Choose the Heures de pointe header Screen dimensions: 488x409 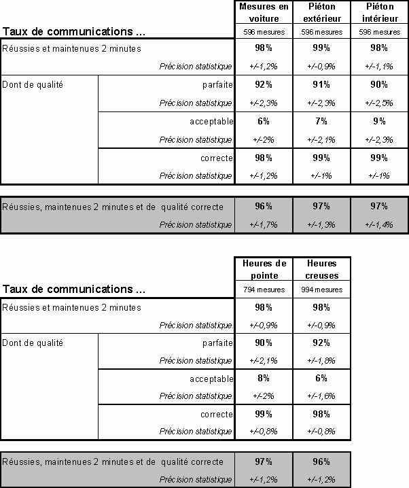pyautogui.click(x=264, y=269)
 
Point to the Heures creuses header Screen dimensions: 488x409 pyautogui.click(x=321, y=269)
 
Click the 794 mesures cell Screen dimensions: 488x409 pyautogui.click(x=264, y=290)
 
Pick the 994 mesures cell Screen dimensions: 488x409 pyautogui.click(x=321, y=290)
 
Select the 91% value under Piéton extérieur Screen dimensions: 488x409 pyautogui.click(x=321, y=84)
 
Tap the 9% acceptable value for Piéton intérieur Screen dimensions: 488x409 pyautogui.click(x=379, y=121)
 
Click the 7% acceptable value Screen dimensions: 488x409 pyautogui.click(x=321, y=121)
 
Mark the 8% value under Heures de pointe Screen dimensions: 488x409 pyautogui.click(x=264, y=378)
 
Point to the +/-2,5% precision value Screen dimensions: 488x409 pyautogui.click(x=379, y=103)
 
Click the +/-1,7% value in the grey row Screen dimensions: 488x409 pyautogui.click(x=264, y=224)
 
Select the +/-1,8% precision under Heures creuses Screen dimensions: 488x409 pyautogui.click(x=321, y=360)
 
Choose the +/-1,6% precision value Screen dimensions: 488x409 pyautogui.click(x=321, y=396)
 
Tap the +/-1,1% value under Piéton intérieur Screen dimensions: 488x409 pyautogui.click(x=379, y=66)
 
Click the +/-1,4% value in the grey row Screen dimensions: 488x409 pyautogui.click(x=379, y=224)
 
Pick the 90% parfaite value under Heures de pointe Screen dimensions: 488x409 pyautogui.click(x=264, y=343)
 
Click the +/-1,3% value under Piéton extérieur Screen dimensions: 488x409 pyautogui.click(x=321, y=224)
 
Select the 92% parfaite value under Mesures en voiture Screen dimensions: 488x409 pyautogui.click(x=264, y=84)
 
